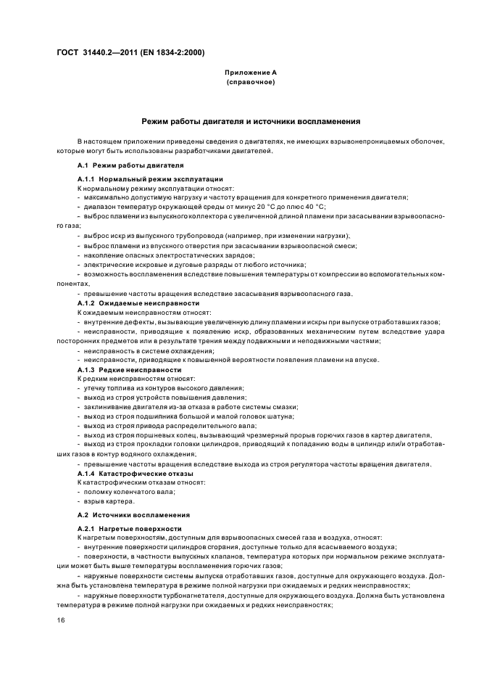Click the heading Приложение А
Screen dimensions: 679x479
pos(249,73)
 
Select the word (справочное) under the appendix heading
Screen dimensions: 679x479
pos(249,81)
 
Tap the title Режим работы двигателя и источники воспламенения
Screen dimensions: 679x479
pos(250,121)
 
